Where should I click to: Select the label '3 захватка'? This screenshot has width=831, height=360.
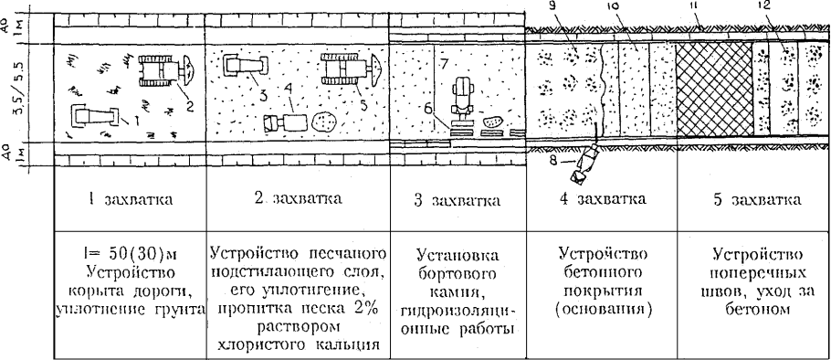pos(456,198)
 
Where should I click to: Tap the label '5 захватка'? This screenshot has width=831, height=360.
pos(754,198)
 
